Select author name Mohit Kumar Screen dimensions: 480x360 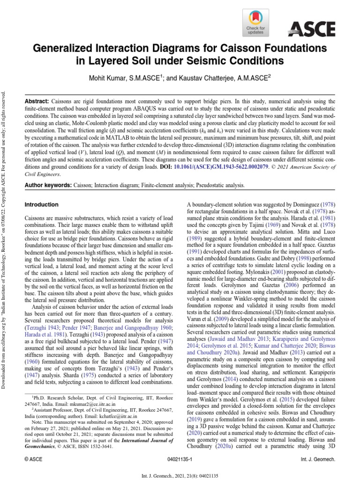point(113,79)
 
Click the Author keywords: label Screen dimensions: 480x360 point(51,186)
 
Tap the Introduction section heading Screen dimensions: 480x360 point(41,205)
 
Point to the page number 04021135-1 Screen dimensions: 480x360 point(180,462)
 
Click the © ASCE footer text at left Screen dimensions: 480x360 point(33,462)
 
